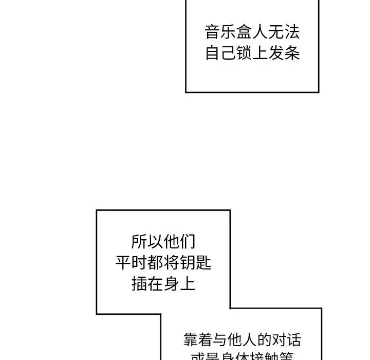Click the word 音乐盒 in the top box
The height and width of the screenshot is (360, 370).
(228, 33)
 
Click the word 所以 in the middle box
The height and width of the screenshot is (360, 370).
(147, 242)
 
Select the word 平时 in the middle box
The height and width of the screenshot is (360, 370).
(132, 263)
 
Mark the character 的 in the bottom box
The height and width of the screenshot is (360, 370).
(262, 340)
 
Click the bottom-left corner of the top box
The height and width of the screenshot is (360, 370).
(186, 92)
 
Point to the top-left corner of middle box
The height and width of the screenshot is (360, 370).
(97, 210)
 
